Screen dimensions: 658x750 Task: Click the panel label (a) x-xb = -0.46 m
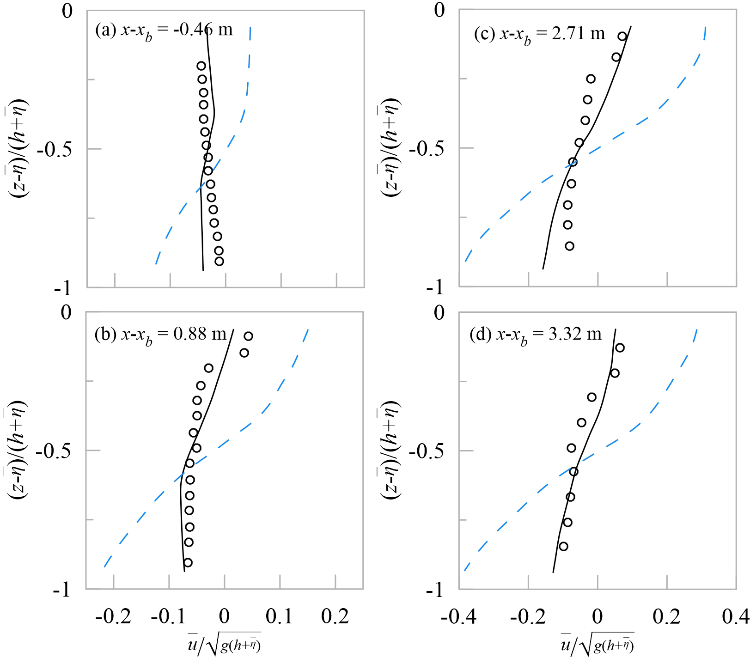click(x=164, y=30)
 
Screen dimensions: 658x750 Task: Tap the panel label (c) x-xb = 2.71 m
click(x=539, y=34)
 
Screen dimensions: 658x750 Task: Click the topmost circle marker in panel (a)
click(x=201, y=66)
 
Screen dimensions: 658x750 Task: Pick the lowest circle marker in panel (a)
click(x=220, y=262)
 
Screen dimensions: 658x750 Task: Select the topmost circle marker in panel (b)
click(x=249, y=336)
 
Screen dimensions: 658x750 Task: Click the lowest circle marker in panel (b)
click(x=188, y=562)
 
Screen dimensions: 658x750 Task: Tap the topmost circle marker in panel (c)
click(x=622, y=37)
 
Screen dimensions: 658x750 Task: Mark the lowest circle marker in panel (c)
click(x=569, y=246)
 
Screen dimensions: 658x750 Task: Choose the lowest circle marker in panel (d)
click(x=563, y=547)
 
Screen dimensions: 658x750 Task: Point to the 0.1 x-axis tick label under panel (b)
click(x=280, y=616)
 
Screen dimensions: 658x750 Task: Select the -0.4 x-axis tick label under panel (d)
click(x=458, y=616)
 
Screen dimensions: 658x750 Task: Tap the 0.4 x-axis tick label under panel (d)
click(x=735, y=616)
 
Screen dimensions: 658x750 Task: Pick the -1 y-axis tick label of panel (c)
click(x=435, y=287)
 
